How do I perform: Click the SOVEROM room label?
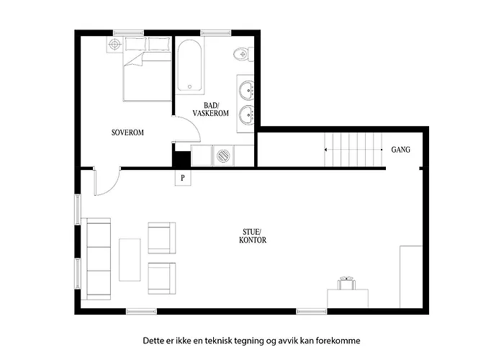(127, 132)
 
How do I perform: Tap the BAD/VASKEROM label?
(210, 109)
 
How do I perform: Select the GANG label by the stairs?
(400, 150)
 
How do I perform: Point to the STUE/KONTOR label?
(253, 236)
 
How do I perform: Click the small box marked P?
(183, 178)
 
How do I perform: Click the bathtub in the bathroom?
(189, 66)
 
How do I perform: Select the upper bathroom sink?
(247, 89)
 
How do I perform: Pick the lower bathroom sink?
(247, 114)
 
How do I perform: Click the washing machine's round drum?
(223, 156)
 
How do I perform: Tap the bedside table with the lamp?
(114, 44)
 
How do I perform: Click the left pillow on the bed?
(136, 44)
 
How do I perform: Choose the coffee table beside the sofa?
(130, 260)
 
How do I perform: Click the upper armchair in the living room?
(162, 238)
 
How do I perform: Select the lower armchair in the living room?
(162, 279)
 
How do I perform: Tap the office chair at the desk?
(346, 283)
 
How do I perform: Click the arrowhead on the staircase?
(326, 150)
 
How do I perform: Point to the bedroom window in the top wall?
(129, 33)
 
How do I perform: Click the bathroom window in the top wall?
(216, 33)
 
